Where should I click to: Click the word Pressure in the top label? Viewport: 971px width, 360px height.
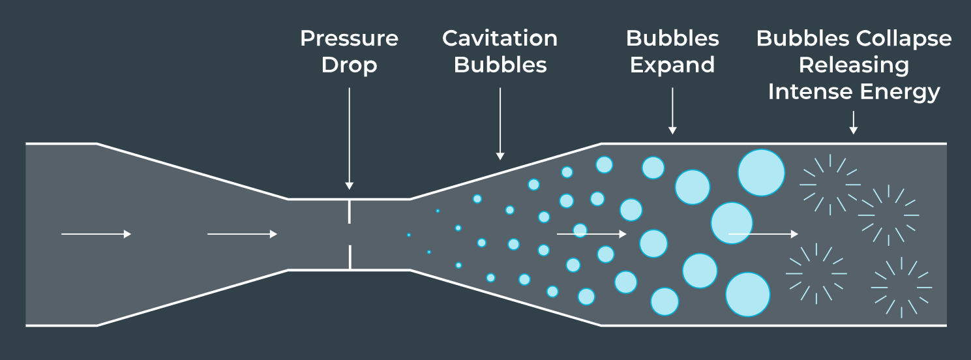[349, 38]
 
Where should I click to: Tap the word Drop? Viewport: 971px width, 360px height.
[349, 65]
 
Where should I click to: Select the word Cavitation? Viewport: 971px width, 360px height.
[500, 38]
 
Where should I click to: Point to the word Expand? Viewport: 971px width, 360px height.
[672, 65]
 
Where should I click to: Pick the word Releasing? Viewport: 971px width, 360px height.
[854, 65]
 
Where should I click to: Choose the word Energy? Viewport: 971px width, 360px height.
[900, 92]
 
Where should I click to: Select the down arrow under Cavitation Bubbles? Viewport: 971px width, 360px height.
[500, 124]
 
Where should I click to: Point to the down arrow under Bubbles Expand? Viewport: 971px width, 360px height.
[672, 111]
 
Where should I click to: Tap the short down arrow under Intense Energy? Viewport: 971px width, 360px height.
[853, 123]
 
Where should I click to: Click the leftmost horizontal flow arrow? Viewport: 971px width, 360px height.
[96, 234]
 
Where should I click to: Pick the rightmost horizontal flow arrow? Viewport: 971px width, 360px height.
[763, 234]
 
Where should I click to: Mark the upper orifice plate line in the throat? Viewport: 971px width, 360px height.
[350, 211]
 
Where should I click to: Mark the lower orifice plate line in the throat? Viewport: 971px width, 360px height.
[350, 256]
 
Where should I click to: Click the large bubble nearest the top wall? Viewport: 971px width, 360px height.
[761, 172]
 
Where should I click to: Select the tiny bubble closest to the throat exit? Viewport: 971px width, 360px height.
[409, 235]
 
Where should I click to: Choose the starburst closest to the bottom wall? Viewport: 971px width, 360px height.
[901, 288]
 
